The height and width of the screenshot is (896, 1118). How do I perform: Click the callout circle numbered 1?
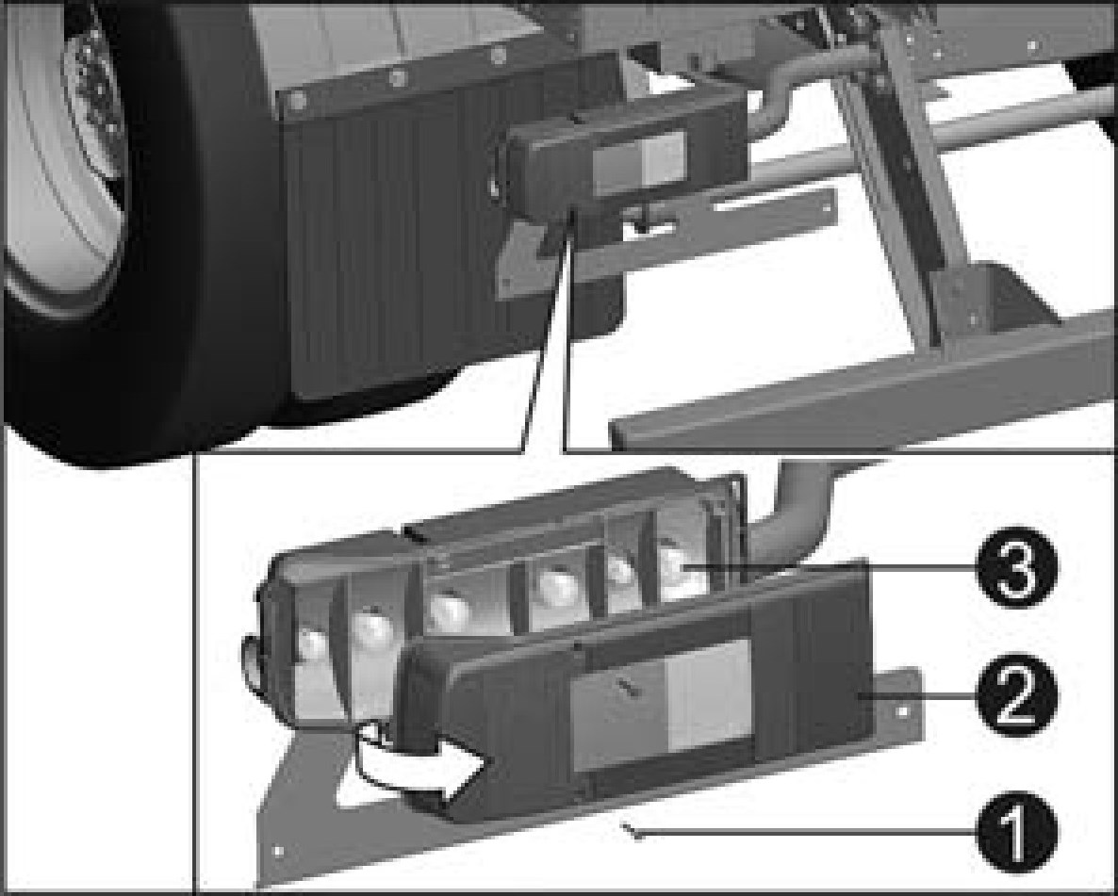click(1016, 831)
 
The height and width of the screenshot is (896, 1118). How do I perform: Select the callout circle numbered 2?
click(1016, 695)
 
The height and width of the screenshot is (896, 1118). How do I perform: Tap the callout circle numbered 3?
click(1016, 567)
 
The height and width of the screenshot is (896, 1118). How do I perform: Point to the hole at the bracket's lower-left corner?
click(278, 851)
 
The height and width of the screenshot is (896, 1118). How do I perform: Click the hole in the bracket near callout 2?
click(903, 710)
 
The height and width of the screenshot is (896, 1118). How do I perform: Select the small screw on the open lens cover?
click(629, 687)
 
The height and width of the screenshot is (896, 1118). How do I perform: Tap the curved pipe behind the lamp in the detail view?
click(792, 513)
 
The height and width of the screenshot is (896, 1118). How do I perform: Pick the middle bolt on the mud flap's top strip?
click(397, 76)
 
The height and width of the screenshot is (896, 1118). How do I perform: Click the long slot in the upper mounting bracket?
click(766, 204)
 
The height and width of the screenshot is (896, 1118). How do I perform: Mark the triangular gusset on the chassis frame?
click(991, 300)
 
